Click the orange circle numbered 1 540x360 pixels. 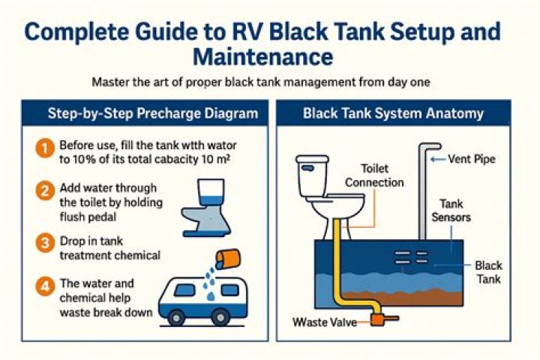pyautogui.click(x=44, y=148)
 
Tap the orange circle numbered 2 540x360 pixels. pyautogui.click(x=44, y=190)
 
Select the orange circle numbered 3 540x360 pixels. pyautogui.click(x=44, y=243)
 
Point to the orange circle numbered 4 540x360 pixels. pyautogui.click(x=44, y=286)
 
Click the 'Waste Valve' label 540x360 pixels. pyautogui.click(x=323, y=323)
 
